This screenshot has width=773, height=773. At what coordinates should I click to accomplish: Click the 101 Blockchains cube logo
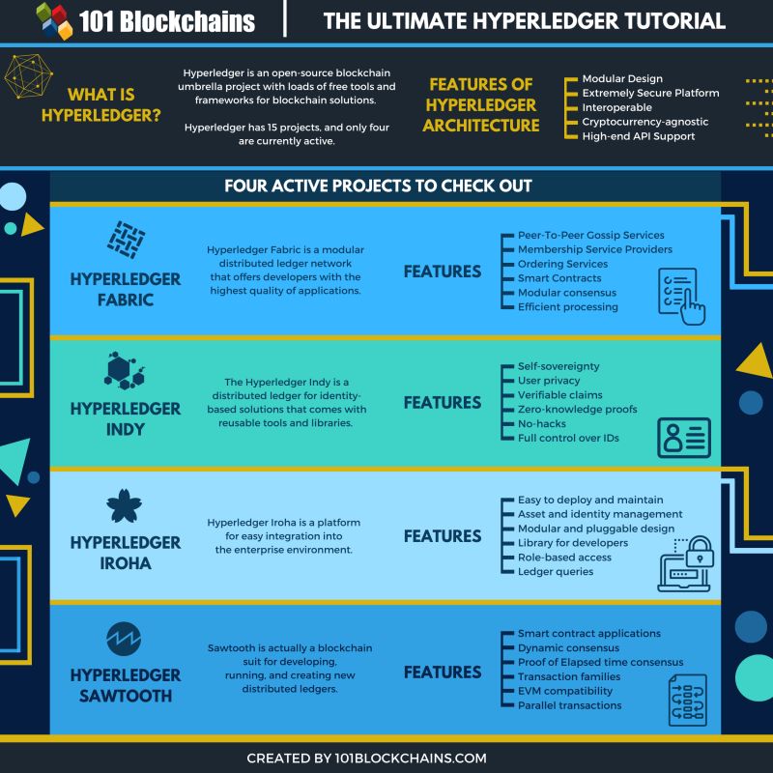click(54, 20)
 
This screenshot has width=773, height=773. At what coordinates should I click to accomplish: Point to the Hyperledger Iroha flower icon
click(125, 506)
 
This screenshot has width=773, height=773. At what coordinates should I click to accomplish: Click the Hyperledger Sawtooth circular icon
click(125, 639)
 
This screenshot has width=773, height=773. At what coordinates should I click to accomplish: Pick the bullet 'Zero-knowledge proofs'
click(577, 410)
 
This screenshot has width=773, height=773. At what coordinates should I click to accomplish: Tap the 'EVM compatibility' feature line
click(565, 691)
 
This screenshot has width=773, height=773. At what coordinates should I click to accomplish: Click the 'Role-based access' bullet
click(565, 558)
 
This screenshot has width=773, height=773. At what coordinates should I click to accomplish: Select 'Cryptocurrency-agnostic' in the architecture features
click(644, 122)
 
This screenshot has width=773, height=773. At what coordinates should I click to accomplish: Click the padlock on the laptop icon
click(697, 555)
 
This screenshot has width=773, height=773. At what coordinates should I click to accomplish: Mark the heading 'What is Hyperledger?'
click(101, 105)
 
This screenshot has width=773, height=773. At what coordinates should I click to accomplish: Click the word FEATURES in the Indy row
click(442, 403)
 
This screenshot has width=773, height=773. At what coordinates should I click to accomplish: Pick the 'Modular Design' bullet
click(621, 78)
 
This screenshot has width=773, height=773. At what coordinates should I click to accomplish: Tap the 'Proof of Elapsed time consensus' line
click(600, 662)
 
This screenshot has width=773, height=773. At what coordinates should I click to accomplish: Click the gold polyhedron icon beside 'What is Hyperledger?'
click(30, 77)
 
